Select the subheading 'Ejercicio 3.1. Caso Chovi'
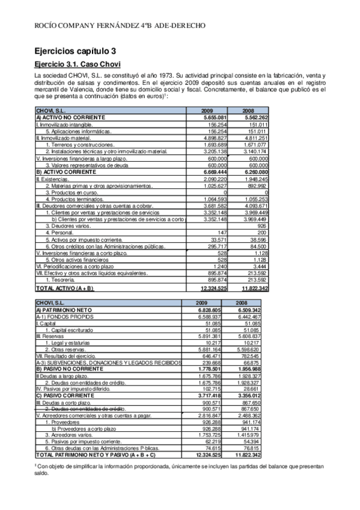(78, 64)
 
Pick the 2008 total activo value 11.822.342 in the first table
(253, 289)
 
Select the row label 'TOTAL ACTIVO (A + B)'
(65, 289)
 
